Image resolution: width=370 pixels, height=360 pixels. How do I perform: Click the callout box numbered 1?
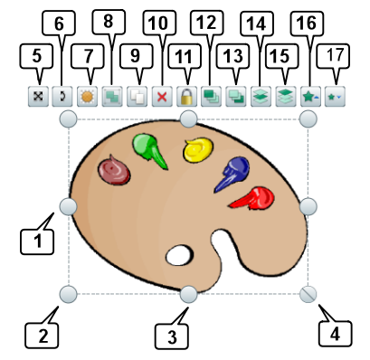(35, 241)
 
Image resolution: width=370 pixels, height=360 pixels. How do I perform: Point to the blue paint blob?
(234, 172)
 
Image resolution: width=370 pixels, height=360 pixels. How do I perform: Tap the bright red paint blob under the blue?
(252, 197)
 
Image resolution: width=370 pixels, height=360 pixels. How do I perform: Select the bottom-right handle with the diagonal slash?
(308, 293)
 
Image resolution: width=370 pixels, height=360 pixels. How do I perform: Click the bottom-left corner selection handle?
(68, 293)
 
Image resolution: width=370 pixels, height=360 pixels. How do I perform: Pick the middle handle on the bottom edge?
(188, 293)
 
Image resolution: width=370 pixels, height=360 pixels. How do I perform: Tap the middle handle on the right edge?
(308, 207)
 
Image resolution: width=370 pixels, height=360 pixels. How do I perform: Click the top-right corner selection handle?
(308, 119)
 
